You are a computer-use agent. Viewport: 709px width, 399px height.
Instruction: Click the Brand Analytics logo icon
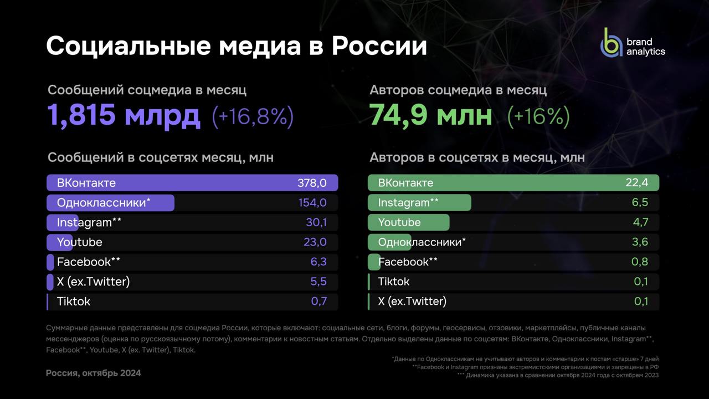tap(612, 42)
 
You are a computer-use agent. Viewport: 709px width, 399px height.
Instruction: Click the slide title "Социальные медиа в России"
tap(237, 47)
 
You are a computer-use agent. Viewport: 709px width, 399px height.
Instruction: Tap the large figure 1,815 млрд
tap(124, 115)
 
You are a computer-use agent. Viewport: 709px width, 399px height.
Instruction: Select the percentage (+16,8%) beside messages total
tap(253, 116)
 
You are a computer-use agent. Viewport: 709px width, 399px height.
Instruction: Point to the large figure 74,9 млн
tap(430, 115)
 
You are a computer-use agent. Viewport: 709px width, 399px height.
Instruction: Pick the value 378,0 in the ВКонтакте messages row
tap(312, 183)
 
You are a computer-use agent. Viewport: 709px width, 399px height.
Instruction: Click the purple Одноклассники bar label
tap(104, 203)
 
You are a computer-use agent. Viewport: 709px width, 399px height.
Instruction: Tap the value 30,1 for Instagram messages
tap(316, 223)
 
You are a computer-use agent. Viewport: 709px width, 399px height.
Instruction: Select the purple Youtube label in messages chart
tap(79, 242)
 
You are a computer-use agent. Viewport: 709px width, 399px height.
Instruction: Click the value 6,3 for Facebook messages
tap(318, 262)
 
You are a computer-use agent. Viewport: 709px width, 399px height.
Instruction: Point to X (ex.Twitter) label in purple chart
tap(93, 282)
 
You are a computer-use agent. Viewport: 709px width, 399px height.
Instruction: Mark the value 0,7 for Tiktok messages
tap(318, 301)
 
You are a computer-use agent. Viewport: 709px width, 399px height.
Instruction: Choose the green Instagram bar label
tap(408, 203)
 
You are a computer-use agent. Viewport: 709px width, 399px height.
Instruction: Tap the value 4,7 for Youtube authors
tap(640, 223)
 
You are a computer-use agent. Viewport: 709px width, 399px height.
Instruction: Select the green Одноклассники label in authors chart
tap(422, 242)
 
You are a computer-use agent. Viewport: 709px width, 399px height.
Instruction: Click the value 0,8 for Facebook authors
tap(640, 262)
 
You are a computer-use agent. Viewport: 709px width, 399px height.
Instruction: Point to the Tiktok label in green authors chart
tap(394, 282)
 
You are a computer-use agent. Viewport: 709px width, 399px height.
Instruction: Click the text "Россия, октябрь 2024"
tap(93, 373)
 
